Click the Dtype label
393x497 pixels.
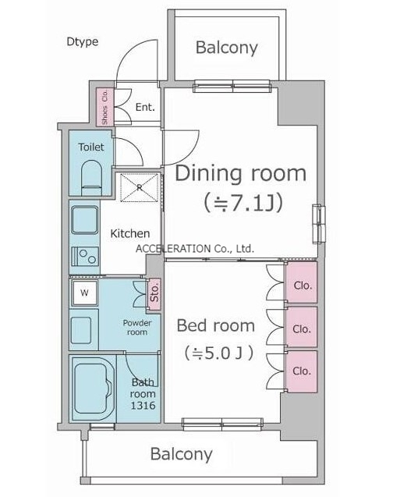pos(83,42)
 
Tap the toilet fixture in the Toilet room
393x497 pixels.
pos(92,178)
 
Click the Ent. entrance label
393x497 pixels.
pos(145,107)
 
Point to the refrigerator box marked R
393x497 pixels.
pos(140,187)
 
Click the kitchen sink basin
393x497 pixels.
pos(84,220)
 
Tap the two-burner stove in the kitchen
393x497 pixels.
pos(85,256)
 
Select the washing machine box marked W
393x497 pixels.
pos(84,293)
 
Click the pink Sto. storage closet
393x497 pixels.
pos(154,294)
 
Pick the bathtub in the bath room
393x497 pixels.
pos(92,389)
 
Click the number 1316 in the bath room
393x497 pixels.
pos(143,406)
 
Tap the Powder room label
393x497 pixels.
pos(137,328)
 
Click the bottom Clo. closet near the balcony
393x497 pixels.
pos(302,371)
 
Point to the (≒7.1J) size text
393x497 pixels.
pos(243,204)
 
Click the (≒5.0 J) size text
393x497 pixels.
pos(219,353)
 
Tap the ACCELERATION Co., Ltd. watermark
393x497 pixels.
pos(195,249)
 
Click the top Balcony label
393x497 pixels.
pos(226,48)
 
